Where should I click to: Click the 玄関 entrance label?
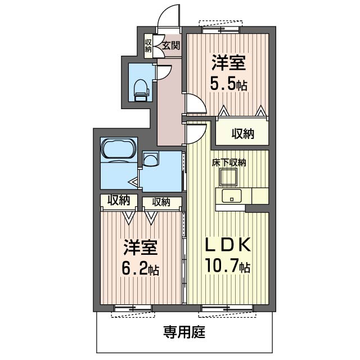(x=171, y=46)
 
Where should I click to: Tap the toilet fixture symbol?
(x=141, y=90)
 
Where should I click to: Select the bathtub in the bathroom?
(x=119, y=150)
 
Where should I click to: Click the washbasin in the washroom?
(x=151, y=159)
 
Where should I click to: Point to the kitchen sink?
(x=231, y=196)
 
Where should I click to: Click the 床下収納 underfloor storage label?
(x=229, y=163)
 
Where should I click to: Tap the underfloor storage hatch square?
(x=228, y=177)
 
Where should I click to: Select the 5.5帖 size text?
(x=229, y=84)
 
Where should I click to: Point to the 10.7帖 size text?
(x=227, y=265)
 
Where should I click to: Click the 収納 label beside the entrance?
(x=148, y=46)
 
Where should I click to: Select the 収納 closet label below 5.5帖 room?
(x=242, y=134)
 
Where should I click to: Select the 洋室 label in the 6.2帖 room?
(x=141, y=247)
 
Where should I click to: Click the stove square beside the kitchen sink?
(x=260, y=196)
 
